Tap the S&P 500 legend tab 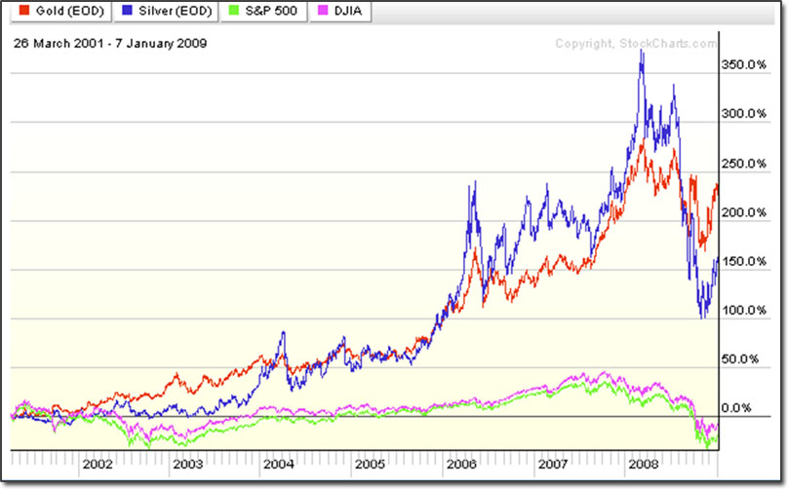click(x=260, y=12)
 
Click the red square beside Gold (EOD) click(x=16, y=12)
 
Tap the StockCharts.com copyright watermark click(x=635, y=43)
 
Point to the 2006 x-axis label click(x=462, y=464)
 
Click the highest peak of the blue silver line click(x=641, y=50)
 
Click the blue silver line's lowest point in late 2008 click(x=702, y=317)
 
